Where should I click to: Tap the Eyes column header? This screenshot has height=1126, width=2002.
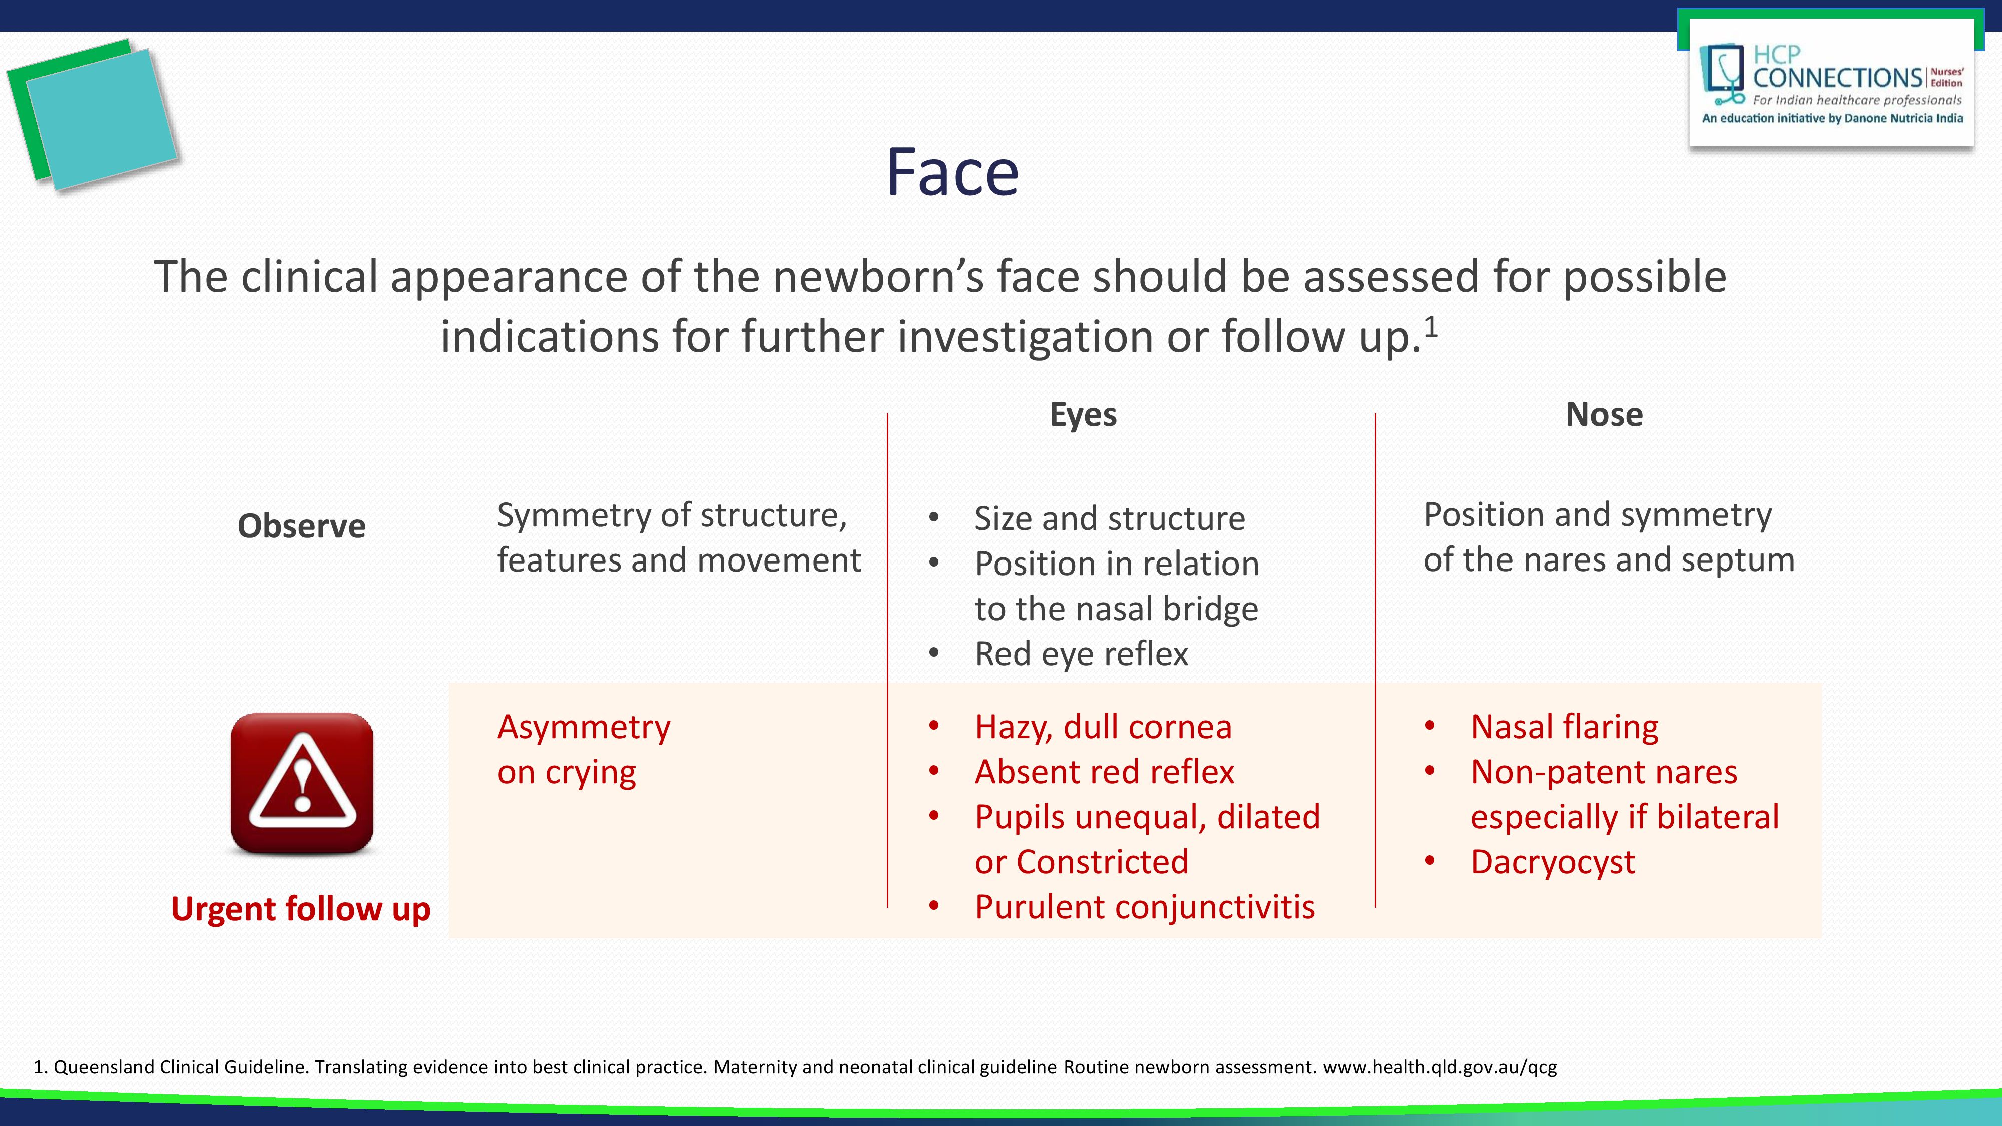(x=1083, y=415)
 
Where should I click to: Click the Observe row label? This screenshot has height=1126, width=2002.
(x=301, y=526)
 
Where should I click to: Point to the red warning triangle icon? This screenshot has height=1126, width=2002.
(x=302, y=783)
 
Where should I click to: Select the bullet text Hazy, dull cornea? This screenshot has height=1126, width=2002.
(x=1103, y=727)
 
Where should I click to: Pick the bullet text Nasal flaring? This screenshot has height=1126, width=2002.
(x=1565, y=727)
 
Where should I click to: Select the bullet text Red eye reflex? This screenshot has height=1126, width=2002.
(x=1081, y=654)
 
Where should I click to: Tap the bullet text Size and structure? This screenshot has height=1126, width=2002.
(x=1109, y=519)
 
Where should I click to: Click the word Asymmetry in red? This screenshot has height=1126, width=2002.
(x=584, y=727)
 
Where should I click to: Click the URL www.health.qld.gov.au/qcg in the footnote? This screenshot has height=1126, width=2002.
(x=1439, y=1067)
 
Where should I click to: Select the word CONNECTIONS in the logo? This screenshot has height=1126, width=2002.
(x=1837, y=78)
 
